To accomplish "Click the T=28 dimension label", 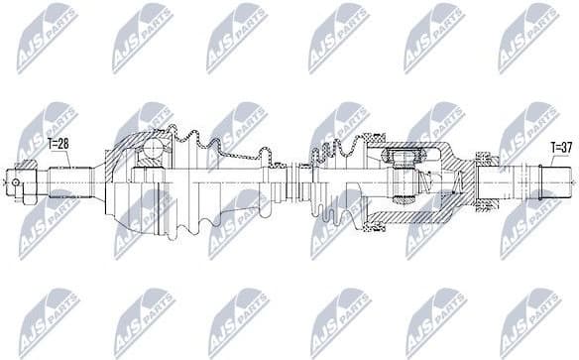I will click(59, 145).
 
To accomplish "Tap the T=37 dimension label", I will click(562, 148).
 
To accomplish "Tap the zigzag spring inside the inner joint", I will click(420, 180).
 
